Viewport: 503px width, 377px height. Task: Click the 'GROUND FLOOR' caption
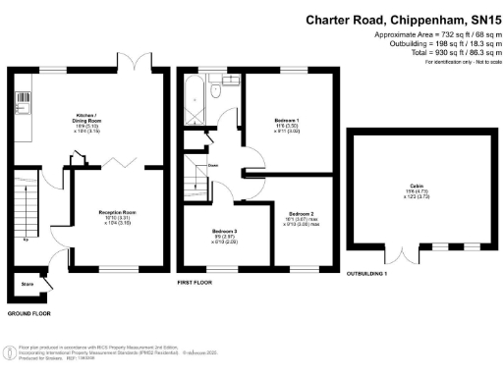click(x=30, y=313)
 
